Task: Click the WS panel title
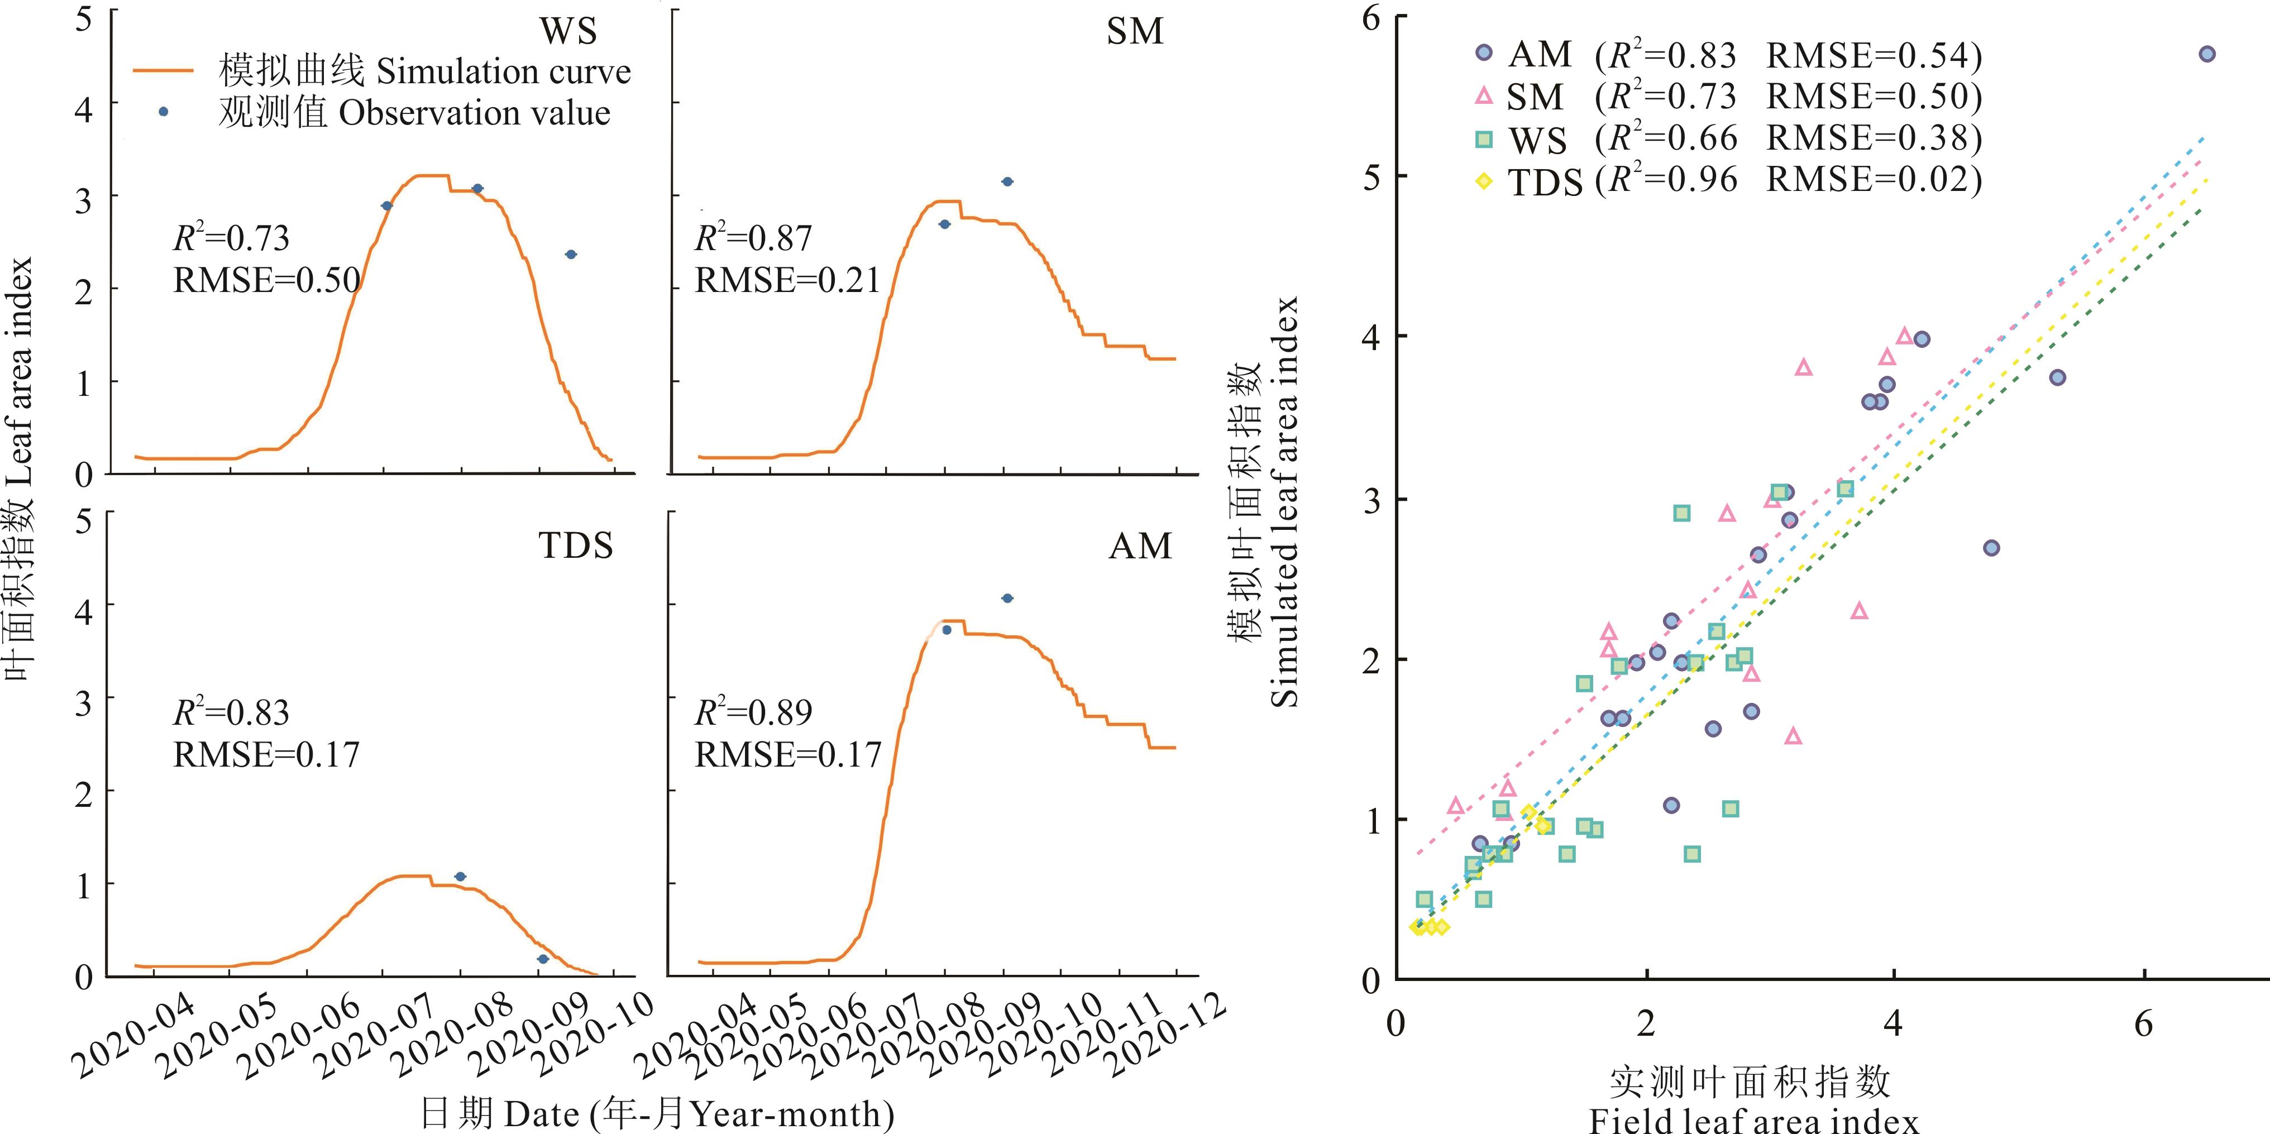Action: click(x=568, y=32)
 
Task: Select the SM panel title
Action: click(x=1134, y=32)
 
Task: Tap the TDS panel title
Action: click(x=575, y=546)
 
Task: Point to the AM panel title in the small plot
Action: click(x=1140, y=546)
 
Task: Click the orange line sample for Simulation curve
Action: click(x=163, y=70)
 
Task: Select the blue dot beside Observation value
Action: click(x=163, y=112)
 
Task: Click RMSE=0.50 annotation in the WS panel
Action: click(x=267, y=280)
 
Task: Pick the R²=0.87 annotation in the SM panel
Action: click(x=753, y=238)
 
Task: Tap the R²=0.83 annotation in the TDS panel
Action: click(x=231, y=712)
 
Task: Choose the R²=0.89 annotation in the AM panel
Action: click(x=753, y=712)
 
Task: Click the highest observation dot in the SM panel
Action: click(x=1007, y=181)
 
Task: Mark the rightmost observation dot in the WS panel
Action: click(x=571, y=255)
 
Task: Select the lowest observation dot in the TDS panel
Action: click(x=543, y=959)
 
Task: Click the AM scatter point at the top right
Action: click(x=2206, y=54)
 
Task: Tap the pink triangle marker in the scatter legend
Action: click(x=1484, y=95)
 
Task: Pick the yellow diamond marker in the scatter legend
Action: click(x=1484, y=181)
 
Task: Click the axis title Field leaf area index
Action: click(x=1753, y=1121)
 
